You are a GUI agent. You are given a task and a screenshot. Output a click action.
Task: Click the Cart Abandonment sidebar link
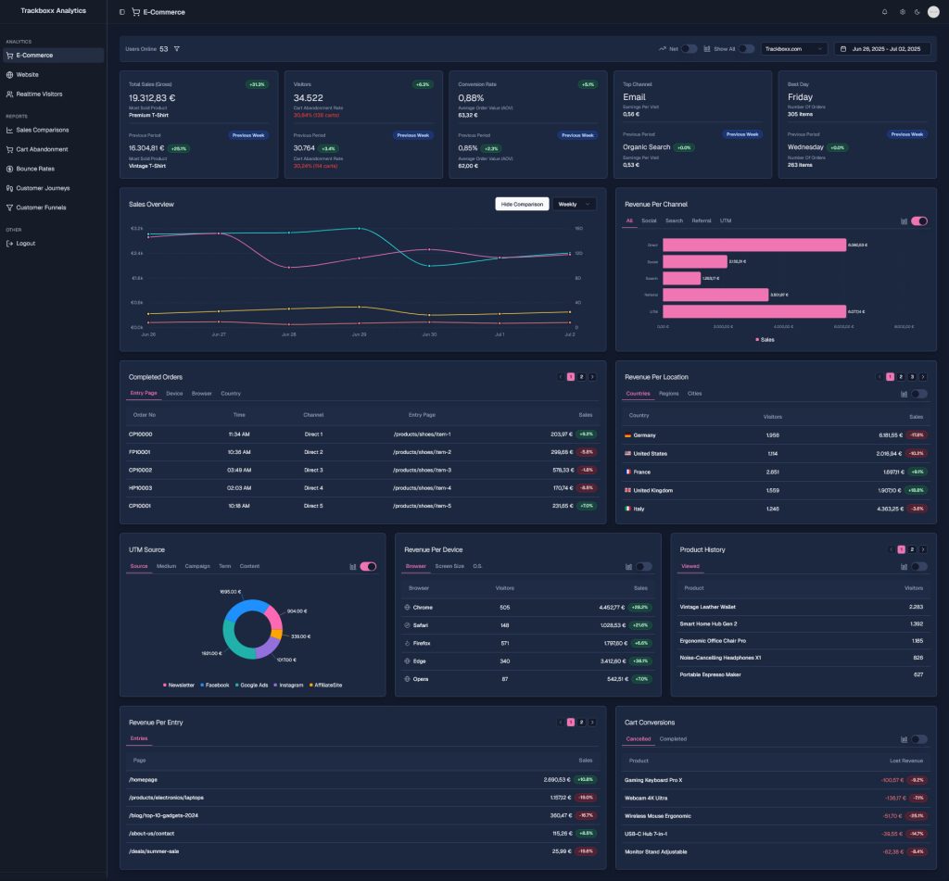[42, 149]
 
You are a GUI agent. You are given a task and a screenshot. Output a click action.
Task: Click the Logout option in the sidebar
[25, 243]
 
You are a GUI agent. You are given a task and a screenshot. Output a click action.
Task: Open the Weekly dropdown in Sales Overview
[575, 204]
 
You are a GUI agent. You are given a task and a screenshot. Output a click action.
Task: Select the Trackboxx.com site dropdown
[794, 49]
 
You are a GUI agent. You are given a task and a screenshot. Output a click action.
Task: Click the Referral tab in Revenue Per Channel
[702, 220]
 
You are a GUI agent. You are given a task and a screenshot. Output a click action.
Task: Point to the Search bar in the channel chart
[681, 278]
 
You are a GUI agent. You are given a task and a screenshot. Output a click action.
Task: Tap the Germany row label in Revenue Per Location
[644, 434]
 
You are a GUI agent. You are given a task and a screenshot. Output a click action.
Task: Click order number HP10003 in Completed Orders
[140, 487]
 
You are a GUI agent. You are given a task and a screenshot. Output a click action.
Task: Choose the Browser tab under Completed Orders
[201, 394]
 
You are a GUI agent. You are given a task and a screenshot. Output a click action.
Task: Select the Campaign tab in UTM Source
[197, 566]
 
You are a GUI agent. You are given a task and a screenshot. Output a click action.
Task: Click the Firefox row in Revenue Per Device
[422, 643]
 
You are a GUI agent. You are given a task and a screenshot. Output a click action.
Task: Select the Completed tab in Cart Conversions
[673, 739]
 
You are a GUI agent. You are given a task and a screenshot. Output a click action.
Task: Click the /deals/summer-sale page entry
[153, 850]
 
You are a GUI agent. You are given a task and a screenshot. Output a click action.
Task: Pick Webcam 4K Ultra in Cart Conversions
[648, 798]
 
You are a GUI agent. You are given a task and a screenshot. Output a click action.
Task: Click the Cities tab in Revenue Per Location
[694, 394]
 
